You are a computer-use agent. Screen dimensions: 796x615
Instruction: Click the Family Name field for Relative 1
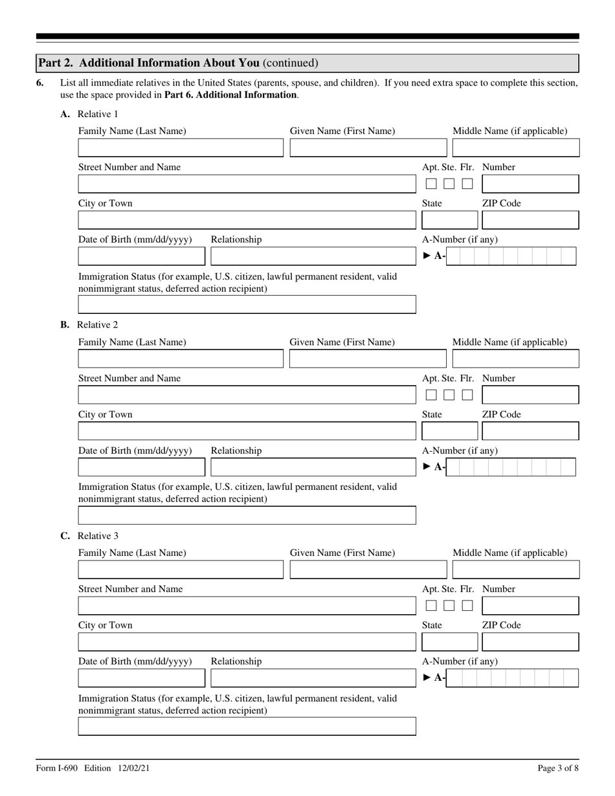pos(181,148)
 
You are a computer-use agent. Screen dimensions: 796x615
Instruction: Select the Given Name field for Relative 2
pos(368,359)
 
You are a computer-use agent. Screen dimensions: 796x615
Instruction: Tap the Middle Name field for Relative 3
pos(515,570)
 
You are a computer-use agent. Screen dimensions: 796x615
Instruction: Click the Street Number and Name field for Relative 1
pos(247,184)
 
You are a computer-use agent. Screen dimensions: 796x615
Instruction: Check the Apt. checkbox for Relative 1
pos(431,184)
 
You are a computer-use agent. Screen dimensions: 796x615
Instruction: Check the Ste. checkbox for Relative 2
pos(449,395)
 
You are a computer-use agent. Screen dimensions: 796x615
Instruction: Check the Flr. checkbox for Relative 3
pos(467,606)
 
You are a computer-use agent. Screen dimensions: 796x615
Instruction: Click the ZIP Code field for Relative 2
pos(530,432)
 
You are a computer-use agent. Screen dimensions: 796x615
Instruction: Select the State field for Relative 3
pos(450,643)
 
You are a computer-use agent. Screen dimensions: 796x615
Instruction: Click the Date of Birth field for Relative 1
pos(141,256)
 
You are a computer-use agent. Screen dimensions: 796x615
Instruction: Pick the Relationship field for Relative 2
pos(313,467)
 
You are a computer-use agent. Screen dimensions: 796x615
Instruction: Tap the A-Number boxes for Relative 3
pos(512,678)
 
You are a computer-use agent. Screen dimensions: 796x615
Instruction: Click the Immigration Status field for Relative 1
pos(247,305)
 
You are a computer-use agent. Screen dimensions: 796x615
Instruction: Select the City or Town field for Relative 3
pos(247,643)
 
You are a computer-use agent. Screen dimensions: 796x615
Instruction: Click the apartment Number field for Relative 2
pos(530,395)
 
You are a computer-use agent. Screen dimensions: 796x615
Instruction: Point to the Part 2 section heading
pos(178,63)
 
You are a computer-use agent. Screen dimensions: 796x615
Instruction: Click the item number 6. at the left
pos(40,83)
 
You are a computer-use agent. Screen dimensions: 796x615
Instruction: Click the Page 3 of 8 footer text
pos(558,768)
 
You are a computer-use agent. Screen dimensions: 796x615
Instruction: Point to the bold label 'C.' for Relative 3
pos(65,536)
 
